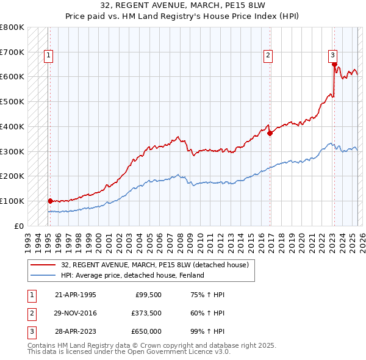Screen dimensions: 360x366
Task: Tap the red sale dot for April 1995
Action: [50, 200]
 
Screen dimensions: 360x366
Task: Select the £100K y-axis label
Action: [12, 201]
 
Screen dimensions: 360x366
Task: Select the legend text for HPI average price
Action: [132, 275]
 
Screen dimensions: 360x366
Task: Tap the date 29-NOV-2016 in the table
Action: [76, 313]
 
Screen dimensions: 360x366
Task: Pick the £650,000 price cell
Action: [146, 331]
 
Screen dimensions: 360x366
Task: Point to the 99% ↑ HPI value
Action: [208, 331]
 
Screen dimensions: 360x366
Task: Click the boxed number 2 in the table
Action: [31, 313]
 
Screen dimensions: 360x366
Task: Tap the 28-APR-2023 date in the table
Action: [76, 331]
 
